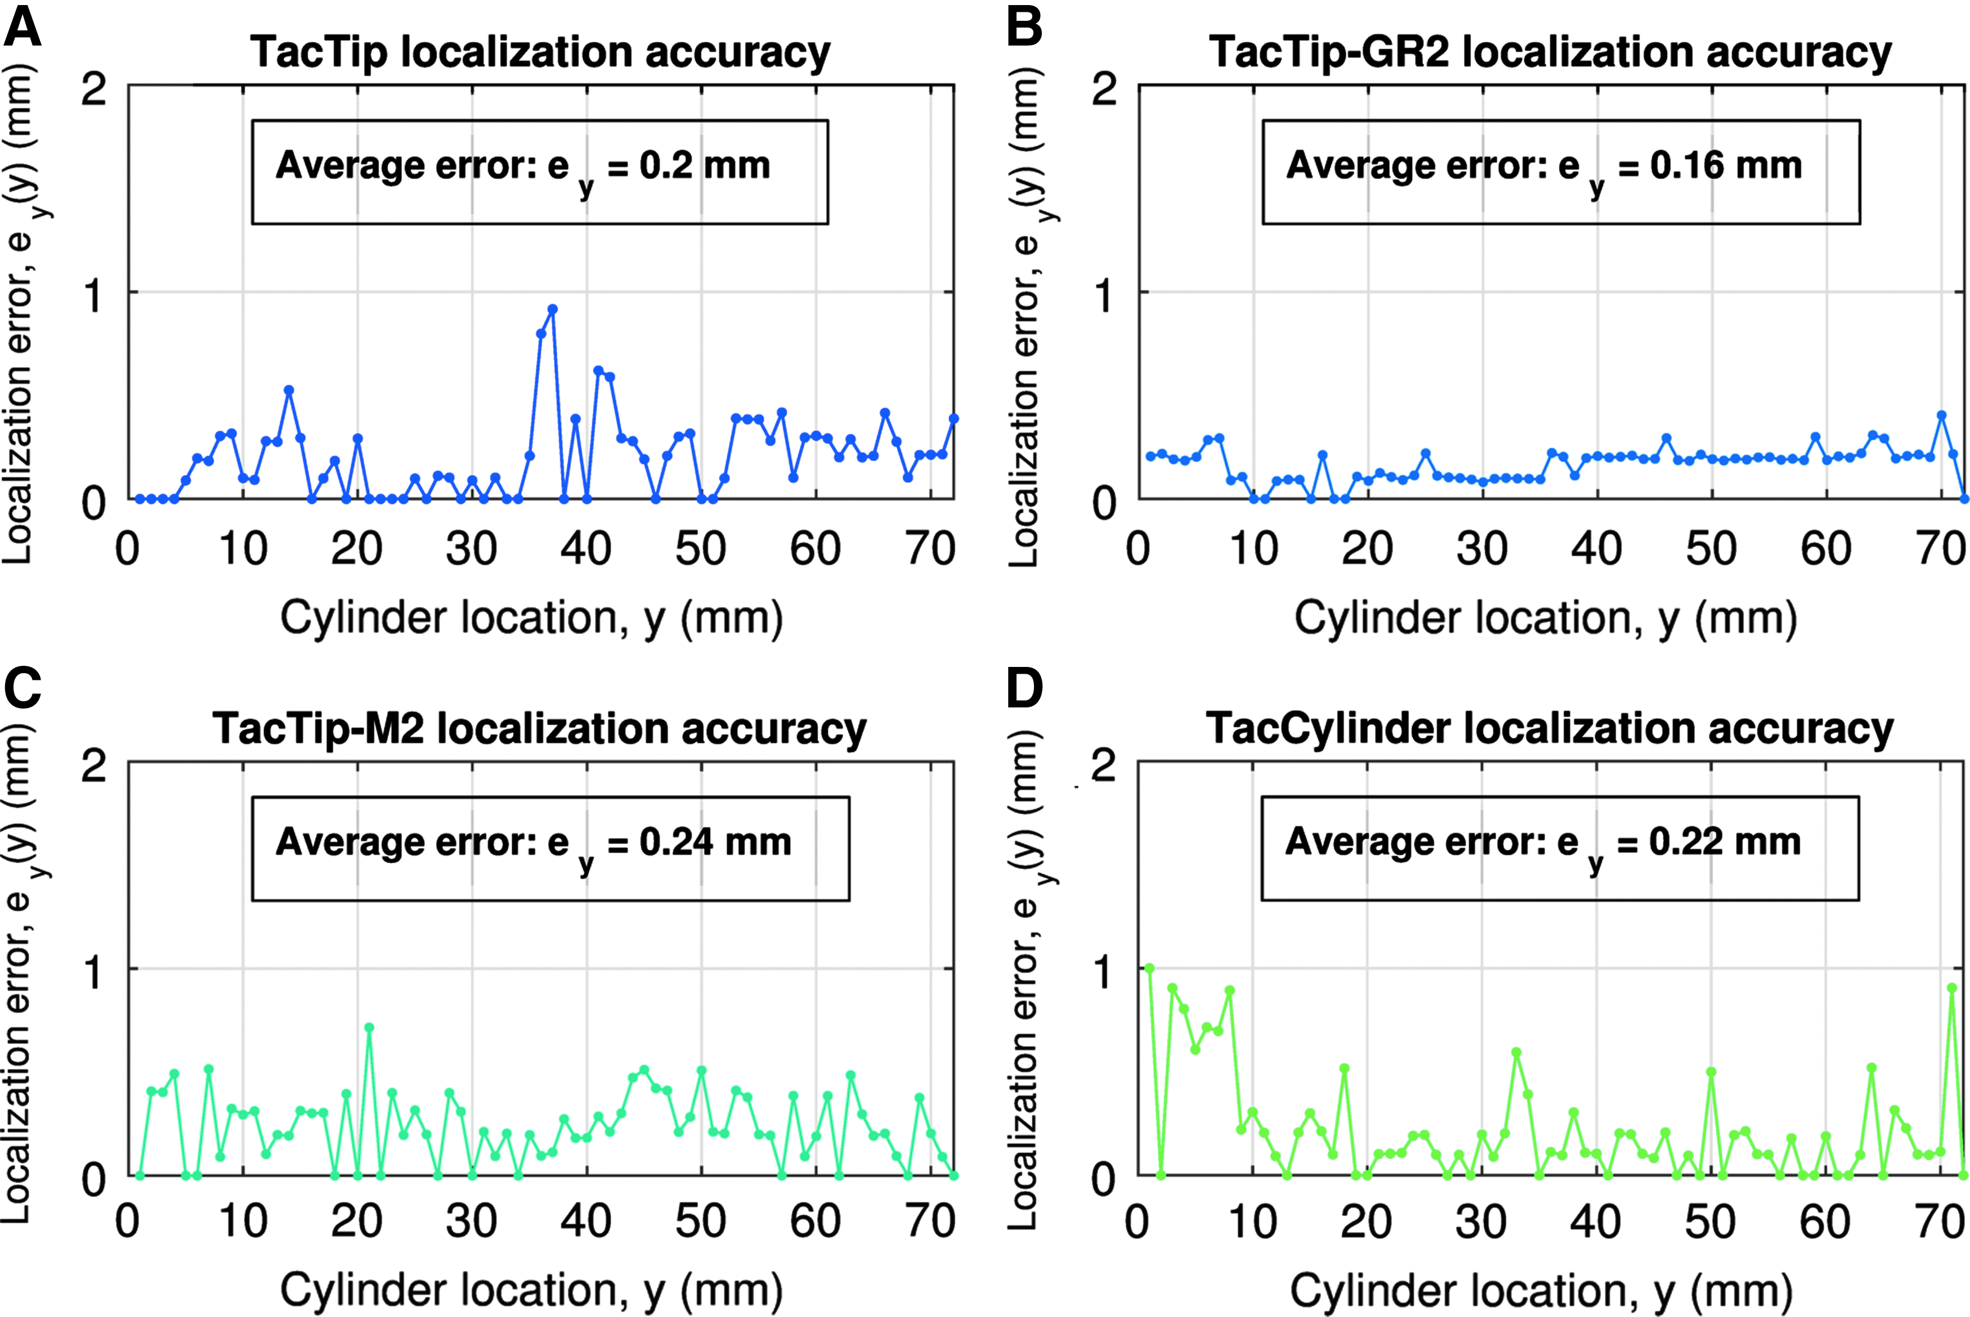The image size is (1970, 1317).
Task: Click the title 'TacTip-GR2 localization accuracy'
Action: pos(1551,52)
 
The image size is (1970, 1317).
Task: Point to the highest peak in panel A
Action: pos(552,309)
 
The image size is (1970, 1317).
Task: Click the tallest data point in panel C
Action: pos(369,1027)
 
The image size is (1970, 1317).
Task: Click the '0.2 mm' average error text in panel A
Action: pos(704,165)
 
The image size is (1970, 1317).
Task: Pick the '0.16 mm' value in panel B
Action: pos(1726,165)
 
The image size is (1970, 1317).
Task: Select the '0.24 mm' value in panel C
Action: pos(715,842)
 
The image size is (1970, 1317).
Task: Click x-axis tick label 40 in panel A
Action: pos(586,549)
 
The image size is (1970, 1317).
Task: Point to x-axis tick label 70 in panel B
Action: pos(1941,549)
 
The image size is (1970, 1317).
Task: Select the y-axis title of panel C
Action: pos(19,975)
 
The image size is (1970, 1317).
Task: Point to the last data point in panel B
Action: pos(1964,499)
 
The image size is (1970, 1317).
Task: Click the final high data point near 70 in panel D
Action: pos(1953,989)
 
